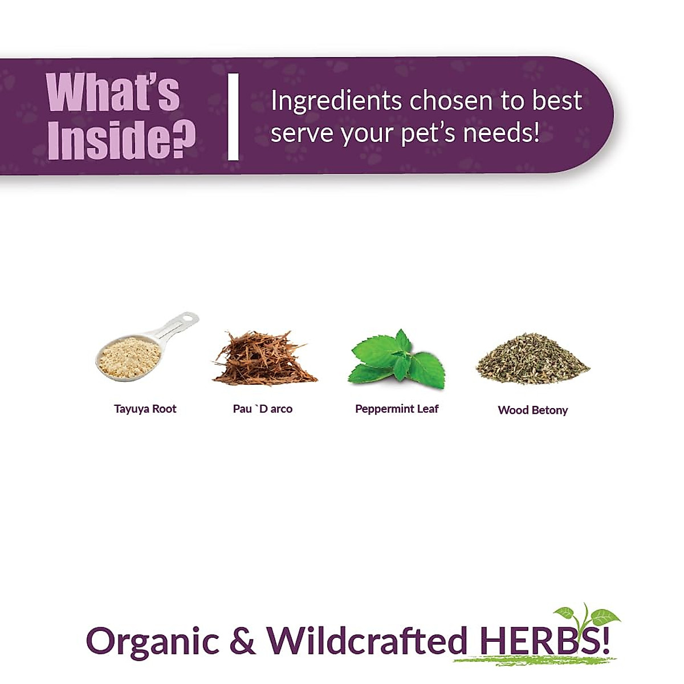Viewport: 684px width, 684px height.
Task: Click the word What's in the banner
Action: (113, 93)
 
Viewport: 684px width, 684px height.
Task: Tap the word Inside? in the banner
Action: (121, 139)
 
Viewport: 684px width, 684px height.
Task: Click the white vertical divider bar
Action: (233, 117)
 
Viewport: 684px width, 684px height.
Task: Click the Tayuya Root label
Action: (145, 409)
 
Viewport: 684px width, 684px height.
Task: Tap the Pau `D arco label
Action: (262, 409)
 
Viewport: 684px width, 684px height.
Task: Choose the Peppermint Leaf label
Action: (397, 409)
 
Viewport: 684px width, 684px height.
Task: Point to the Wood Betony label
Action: (532, 410)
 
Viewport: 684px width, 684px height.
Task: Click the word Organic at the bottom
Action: (153, 641)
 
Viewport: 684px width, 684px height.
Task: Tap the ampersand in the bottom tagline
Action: (242, 641)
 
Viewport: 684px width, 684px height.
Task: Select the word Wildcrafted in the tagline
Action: (367, 641)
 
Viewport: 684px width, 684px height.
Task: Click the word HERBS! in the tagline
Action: (545, 641)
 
